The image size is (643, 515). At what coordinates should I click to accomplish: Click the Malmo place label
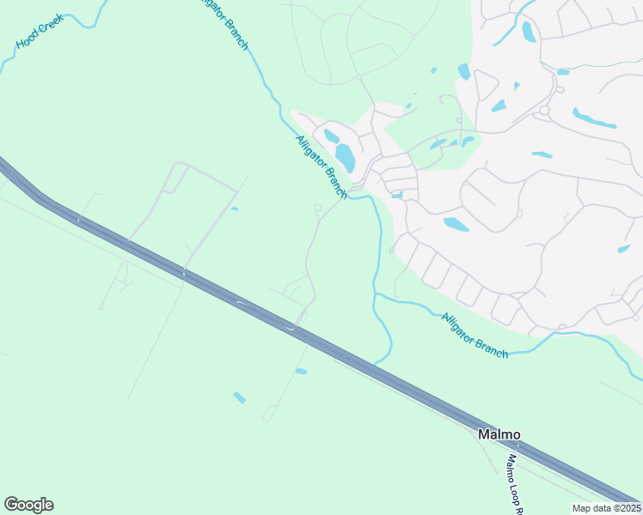(499, 435)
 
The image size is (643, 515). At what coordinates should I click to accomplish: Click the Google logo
(28, 505)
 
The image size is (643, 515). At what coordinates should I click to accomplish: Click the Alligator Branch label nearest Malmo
(474, 335)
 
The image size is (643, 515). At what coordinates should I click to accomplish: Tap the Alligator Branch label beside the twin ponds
(321, 167)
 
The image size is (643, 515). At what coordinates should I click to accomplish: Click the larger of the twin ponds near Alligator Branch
(345, 158)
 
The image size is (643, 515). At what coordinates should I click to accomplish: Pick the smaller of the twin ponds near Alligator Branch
(331, 136)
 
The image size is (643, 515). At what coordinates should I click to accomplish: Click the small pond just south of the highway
(301, 371)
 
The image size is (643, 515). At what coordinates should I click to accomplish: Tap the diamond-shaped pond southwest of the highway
(239, 397)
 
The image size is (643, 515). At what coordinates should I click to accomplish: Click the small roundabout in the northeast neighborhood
(544, 110)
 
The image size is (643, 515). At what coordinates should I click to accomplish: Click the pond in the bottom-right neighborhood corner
(624, 249)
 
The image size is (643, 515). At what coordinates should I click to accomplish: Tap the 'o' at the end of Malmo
(515, 435)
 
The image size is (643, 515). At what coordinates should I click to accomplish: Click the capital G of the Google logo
(11, 505)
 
